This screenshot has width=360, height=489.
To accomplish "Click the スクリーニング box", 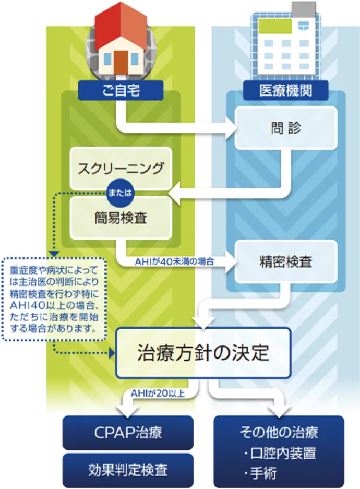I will click(121, 168).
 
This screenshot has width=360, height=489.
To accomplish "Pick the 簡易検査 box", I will click(121, 217).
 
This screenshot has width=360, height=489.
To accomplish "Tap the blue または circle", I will click(121, 193).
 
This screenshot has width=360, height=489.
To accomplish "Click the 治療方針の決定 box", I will click(203, 352).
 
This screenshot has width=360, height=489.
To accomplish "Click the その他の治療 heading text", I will click(279, 432).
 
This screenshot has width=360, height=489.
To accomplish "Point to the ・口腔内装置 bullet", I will click(280, 452).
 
